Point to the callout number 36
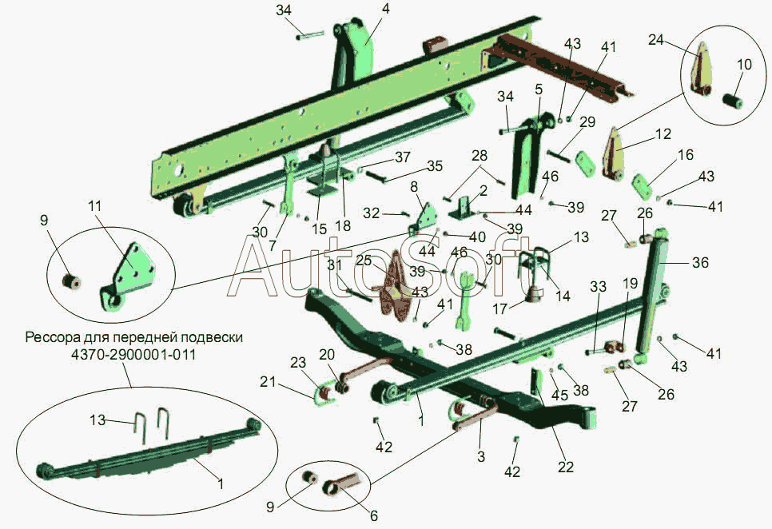700,262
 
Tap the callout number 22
566,467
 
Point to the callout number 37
402,157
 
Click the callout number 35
434,166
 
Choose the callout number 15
319,229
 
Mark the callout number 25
363,261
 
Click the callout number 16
686,156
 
